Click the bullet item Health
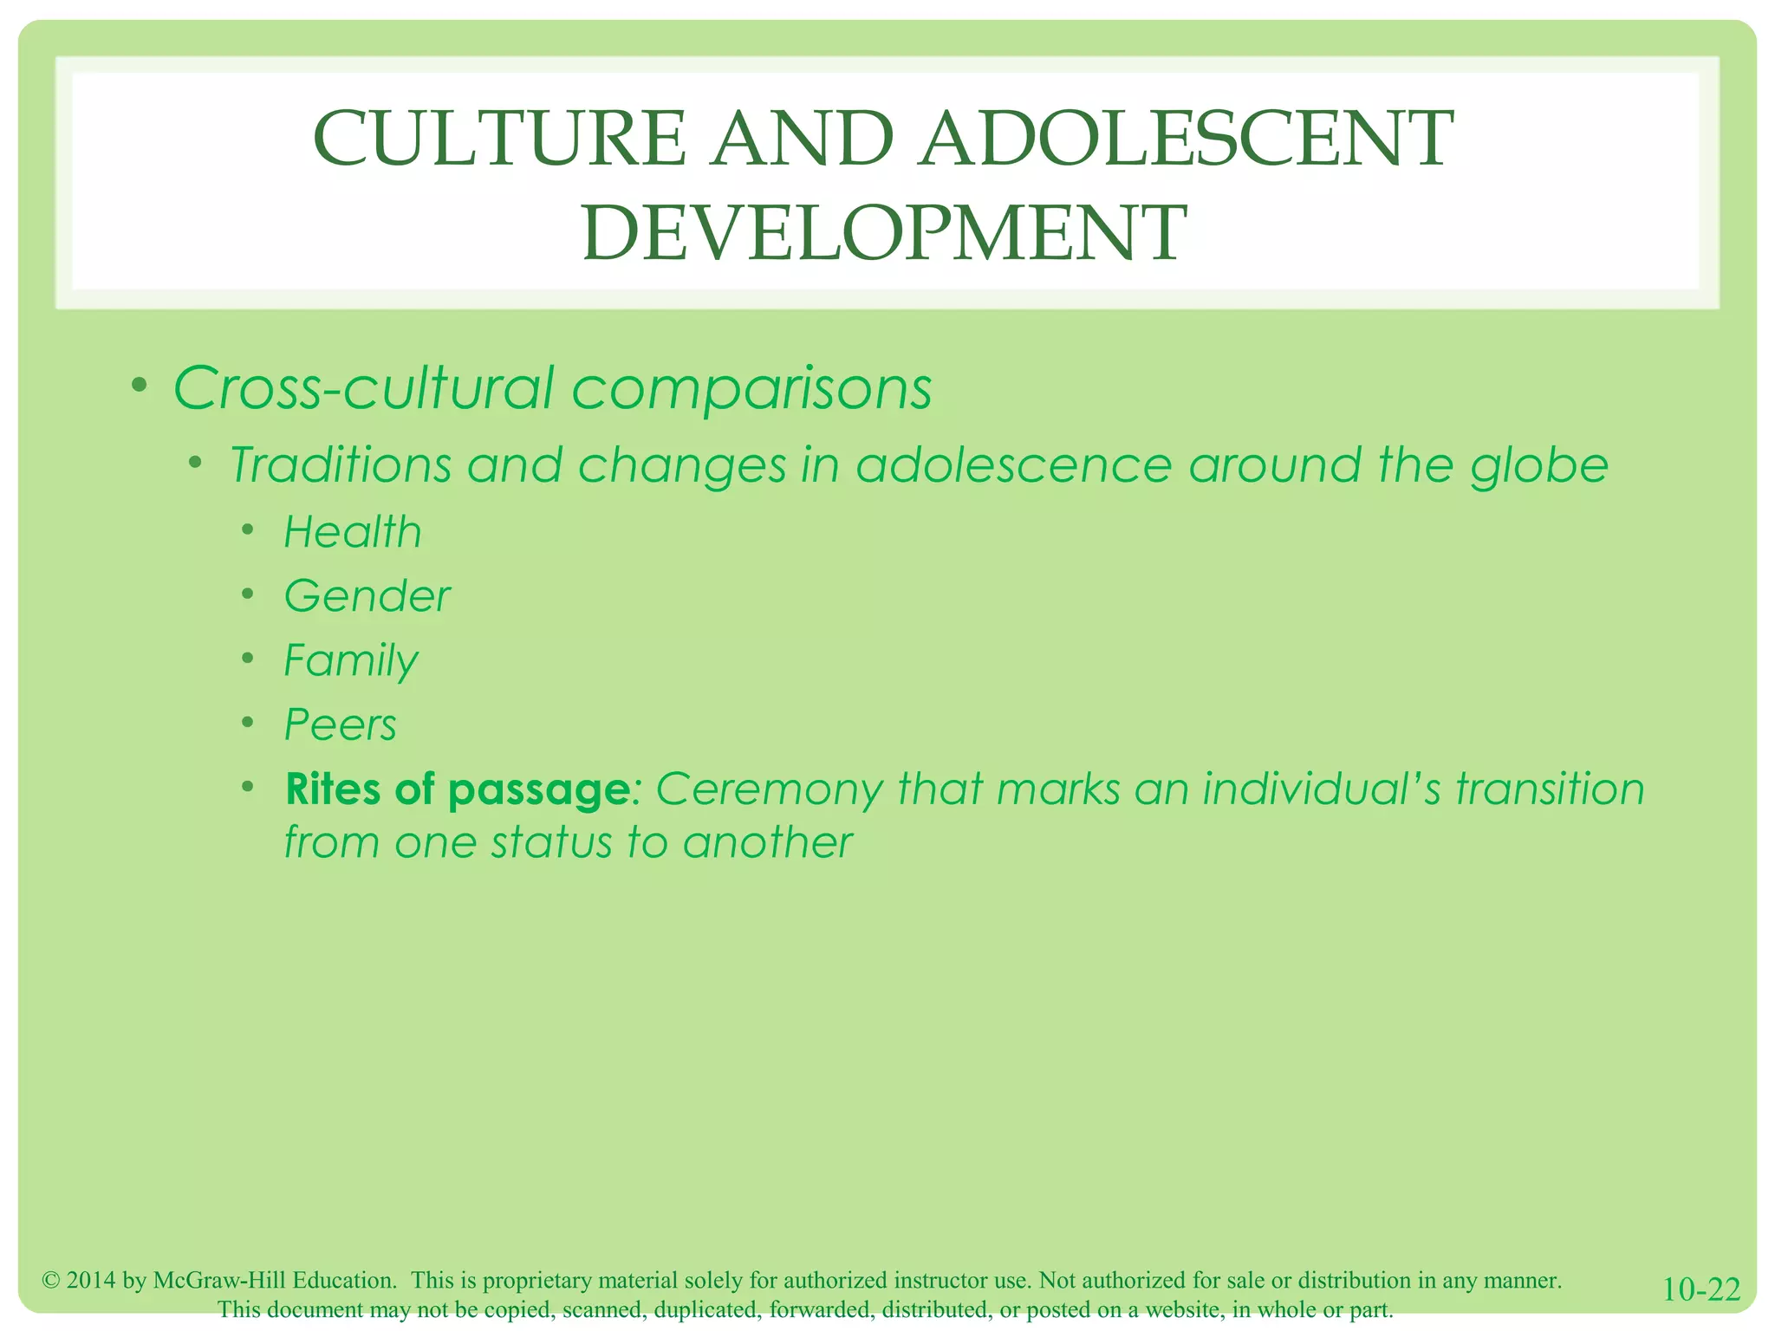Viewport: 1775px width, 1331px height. click(353, 532)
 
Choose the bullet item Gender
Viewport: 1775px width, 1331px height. click(367, 596)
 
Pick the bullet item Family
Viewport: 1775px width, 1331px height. click(351, 660)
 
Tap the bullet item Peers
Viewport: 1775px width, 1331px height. click(341, 724)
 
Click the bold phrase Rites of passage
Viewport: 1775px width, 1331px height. click(457, 789)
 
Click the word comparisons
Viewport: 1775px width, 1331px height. click(751, 387)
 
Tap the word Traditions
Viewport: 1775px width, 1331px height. click(341, 465)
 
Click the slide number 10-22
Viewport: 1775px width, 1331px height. click(1701, 1289)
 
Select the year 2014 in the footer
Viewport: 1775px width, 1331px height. click(91, 1280)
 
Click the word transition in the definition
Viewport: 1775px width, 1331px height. click(1549, 789)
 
